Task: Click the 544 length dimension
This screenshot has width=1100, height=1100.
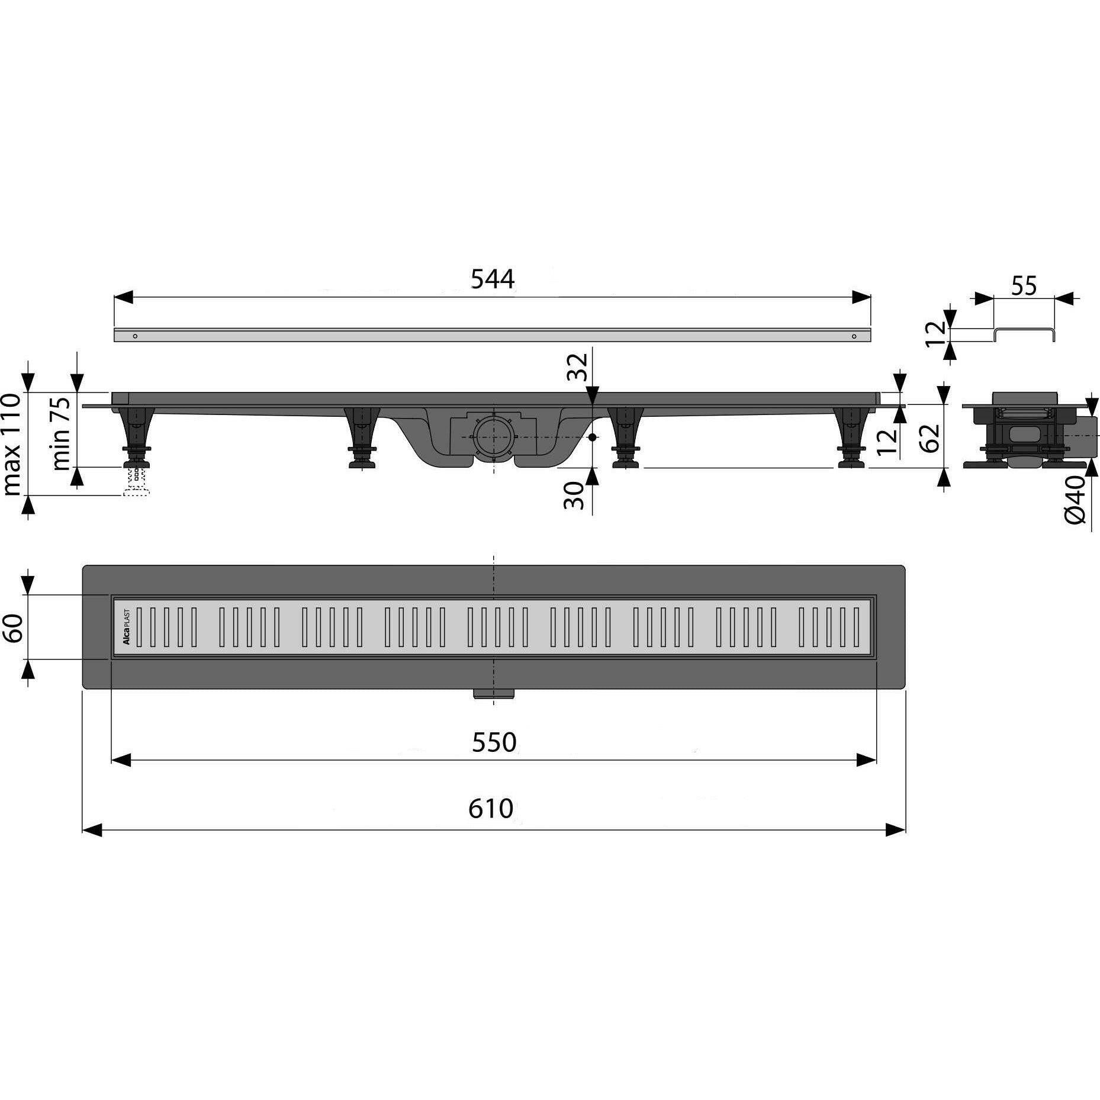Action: tap(493, 279)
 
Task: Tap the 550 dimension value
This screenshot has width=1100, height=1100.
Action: tap(494, 742)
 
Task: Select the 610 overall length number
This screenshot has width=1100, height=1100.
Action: tap(491, 809)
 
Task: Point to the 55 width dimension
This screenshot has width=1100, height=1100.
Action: tap(1024, 286)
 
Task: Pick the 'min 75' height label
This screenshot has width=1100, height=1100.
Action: tap(61, 433)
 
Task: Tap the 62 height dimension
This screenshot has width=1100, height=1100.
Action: tap(931, 438)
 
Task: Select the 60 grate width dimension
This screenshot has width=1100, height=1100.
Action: tap(12, 628)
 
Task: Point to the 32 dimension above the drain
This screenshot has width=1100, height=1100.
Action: tap(578, 367)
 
